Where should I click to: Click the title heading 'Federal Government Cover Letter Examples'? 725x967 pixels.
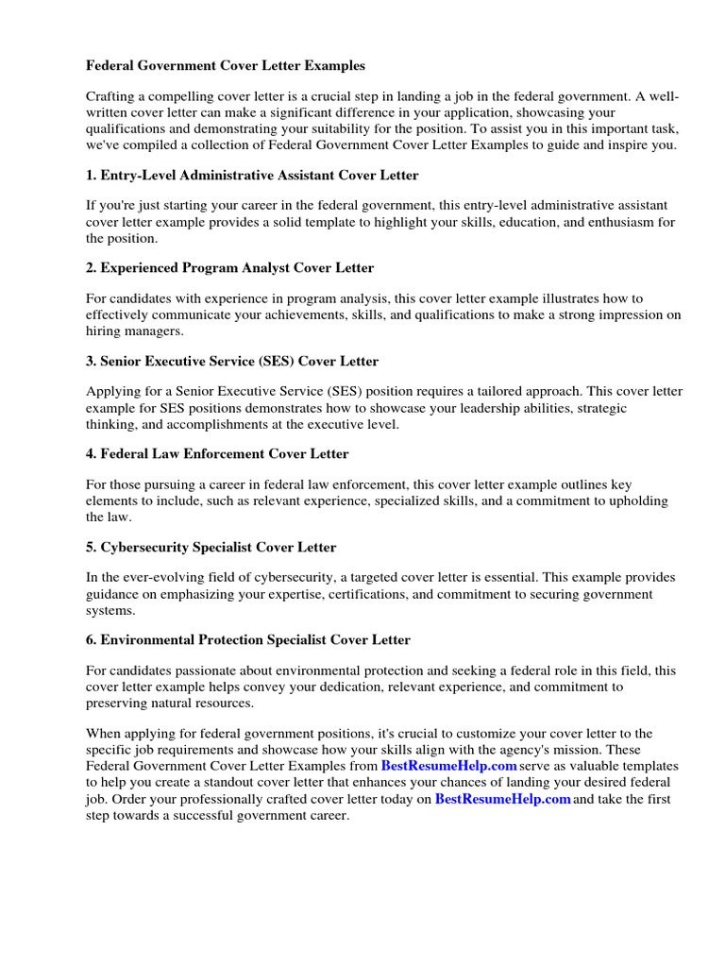click(x=225, y=66)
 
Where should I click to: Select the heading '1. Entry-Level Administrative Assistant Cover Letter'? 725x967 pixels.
click(x=252, y=176)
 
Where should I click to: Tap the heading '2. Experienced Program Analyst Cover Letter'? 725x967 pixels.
click(x=229, y=268)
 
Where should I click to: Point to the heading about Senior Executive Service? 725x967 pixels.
click(x=232, y=361)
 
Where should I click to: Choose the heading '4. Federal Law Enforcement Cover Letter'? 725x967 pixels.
click(x=217, y=454)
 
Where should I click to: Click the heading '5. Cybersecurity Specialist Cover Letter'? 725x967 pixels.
click(x=211, y=547)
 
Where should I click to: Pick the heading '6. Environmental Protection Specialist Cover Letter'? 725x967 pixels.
click(x=248, y=640)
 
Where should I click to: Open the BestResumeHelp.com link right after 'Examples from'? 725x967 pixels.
click(x=448, y=766)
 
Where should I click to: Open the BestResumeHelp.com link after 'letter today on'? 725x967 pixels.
click(x=502, y=799)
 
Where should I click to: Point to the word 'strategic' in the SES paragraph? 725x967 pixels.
click(x=600, y=408)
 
